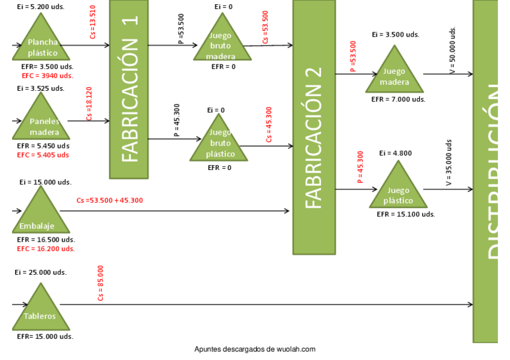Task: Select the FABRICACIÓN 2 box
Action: pyautogui.click(x=314, y=126)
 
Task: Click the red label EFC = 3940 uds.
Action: pyautogui.click(x=48, y=76)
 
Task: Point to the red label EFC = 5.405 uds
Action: pyautogui.click(x=43, y=154)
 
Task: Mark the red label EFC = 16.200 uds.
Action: pyautogui.click(x=46, y=248)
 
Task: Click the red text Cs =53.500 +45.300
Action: pyautogui.click(x=110, y=200)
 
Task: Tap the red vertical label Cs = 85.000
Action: pyautogui.click(x=100, y=282)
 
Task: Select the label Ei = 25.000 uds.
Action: pyautogui.click(x=41, y=272)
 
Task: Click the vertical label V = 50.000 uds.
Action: pyautogui.click(x=452, y=50)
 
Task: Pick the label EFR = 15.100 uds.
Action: pyautogui.click(x=405, y=214)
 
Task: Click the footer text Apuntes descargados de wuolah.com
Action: pyautogui.click(x=255, y=349)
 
